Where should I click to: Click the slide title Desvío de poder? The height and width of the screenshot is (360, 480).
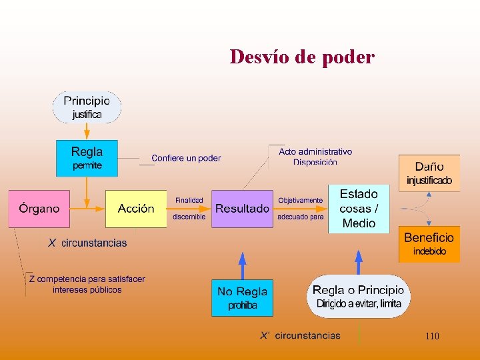point(302,57)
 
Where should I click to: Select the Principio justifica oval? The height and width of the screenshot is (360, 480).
point(87,107)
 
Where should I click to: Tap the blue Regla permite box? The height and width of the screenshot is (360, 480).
point(87,158)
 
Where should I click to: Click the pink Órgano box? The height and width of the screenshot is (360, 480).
point(39,209)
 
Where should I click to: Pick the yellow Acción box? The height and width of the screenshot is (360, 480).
point(136,209)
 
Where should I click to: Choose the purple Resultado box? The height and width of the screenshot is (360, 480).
point(242,209)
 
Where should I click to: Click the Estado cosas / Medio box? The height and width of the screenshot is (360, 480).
point(359,209)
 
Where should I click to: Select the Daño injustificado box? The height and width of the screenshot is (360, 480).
point(429,173)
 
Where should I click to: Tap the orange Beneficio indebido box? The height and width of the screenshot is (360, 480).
point(429,243)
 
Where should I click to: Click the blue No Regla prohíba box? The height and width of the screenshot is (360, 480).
point(242,298)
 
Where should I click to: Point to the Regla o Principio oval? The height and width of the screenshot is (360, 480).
point(359,297)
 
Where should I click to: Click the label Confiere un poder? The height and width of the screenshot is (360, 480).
point(186,158)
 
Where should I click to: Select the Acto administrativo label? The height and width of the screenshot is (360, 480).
point(315,152)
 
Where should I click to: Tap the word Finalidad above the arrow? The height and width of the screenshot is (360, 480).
point(189,200)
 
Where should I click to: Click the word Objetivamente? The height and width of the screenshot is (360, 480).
point(300,200)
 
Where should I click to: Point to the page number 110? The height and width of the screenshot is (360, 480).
point(432,336)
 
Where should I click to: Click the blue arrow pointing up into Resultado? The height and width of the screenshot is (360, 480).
point(242,263)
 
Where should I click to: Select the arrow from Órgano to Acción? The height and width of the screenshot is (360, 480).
point(87,209)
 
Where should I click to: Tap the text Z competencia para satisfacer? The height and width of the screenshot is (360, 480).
point(87,279)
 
